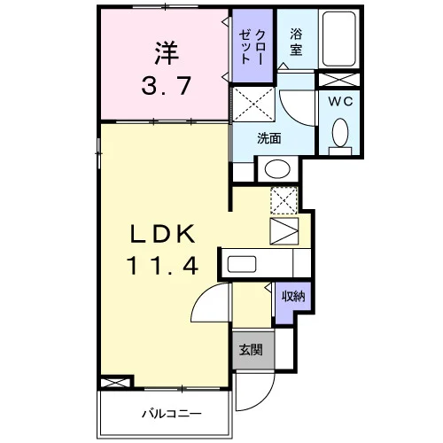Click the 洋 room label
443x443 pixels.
pyautogui.click(x=167, y=53)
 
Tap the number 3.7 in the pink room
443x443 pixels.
pyautogui.click(x=167, y=86)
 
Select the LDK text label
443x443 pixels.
pyautogui.click(x=163, y=233)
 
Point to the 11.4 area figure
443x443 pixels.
pyautogui.click(x=162, y=266)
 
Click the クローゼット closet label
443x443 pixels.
pyautogui.click(x=252, y=46)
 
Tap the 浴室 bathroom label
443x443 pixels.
pyautogui.click(x=296, y=42)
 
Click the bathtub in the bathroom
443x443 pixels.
pyautogui.click(x=338, y=39)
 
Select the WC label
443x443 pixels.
pyautogui.click(x=340, y=101)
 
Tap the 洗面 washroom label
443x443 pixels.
pyautogui.click(x=268, y=138)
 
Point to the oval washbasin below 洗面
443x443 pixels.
pyautogui.click(x=277, y=168)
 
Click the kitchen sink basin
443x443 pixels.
pyautogui.click(x=242, y=264)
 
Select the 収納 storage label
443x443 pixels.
pyautogui.click(x=293, y=296)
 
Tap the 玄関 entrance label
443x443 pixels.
pyautogui.click(x=251, y=350)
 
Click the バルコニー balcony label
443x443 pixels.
pyautogui.click(x=172, y=414)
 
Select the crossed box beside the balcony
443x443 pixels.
pyautogui.click(x=115, y=383)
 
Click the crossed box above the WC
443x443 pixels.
pyautogui.click(x=339, y=80)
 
